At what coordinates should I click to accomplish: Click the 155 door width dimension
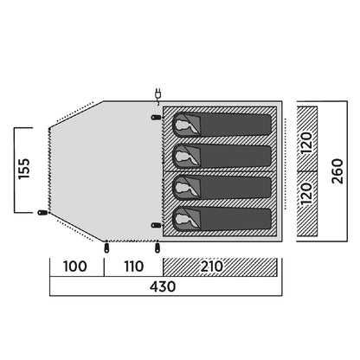click(x=24, y=169)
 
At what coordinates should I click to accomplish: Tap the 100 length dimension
click(x=75, y=267)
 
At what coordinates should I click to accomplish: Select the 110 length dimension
click(x=134, y=267)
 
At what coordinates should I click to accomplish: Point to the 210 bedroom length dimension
click(x=212, y=267)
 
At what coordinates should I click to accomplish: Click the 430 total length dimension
click(x=163, y=286)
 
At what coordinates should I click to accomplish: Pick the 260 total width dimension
click(x=337, y=171)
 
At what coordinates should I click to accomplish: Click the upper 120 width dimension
click(x=307, y=143)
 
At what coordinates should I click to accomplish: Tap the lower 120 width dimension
click(x=307, y=193)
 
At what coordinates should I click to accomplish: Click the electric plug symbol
click(x=158, y=94)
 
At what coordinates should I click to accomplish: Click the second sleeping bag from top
click(x=222, y=156)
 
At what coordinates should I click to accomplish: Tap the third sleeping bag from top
click(x=222, y=187)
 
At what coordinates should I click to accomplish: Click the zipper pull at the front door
click(x=43, y=213)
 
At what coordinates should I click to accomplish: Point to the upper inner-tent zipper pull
click(x=157, y=118)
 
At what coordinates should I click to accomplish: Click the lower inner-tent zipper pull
click(x=157, y=225)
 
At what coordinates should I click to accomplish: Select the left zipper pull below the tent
click(x=106, y=247)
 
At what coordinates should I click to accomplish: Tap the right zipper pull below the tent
click(x=157, y=247)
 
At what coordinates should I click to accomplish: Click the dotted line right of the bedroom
click(x=286, y=164)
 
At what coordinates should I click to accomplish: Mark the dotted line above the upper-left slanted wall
click(x=76, y=112)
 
